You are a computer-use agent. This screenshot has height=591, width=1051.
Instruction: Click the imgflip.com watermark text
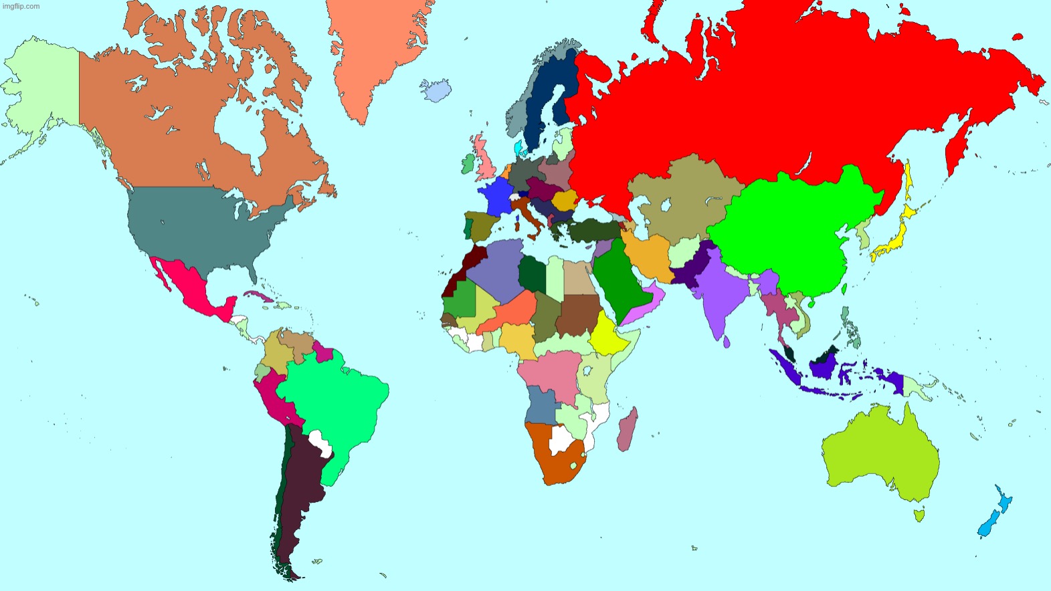pyautogui.click(x=21, y=6)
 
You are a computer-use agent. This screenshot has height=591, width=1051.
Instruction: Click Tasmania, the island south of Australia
pyautogui.click(x=919, y=515)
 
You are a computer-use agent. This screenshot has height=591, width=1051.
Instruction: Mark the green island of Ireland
pyautogui.click(x=468, y=164)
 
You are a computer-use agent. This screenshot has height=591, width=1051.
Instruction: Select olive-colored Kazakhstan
pyautogui.click(x=676, y=197)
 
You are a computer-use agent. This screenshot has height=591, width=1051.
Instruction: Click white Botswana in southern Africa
pyautogui.click(x=560, y=439)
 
